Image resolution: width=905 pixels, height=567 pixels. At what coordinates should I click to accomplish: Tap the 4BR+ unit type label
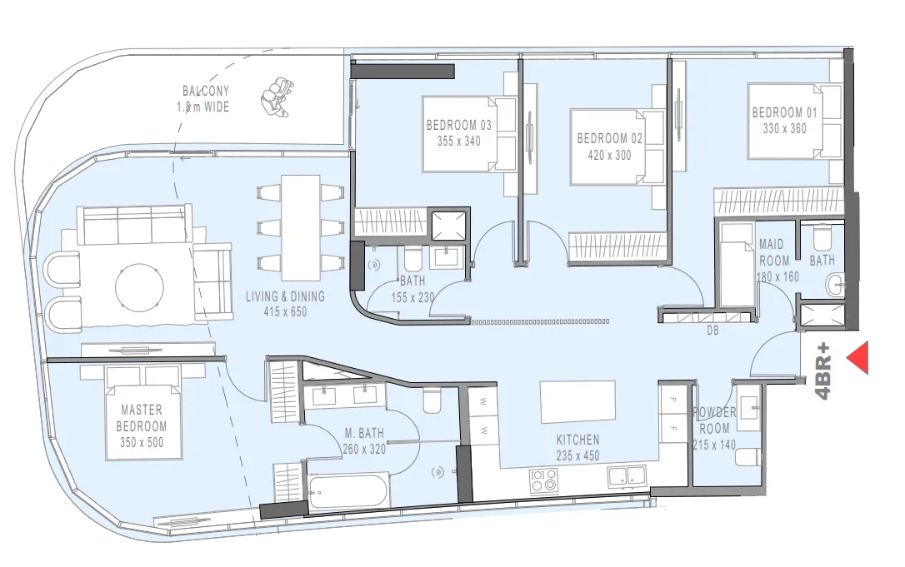click(824, 371)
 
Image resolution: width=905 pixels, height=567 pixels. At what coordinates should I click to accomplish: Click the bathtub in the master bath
click(346, 490)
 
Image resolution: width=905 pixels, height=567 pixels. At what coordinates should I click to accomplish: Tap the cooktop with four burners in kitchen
click(544, 480)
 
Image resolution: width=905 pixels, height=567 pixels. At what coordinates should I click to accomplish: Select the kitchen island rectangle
click(578, 402)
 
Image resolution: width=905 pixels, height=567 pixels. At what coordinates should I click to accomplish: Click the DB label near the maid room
click(712, 331)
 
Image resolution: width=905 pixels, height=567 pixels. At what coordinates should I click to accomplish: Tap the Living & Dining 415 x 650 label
click(285, 303)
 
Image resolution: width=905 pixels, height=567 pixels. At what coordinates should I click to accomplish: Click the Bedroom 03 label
click(459, 126)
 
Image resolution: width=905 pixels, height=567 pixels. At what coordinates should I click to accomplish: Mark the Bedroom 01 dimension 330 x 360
click(784, 129)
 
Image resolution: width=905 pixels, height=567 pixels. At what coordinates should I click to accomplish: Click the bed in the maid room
click(737, 265)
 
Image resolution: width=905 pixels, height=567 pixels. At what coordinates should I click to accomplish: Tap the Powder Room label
click(715, 420)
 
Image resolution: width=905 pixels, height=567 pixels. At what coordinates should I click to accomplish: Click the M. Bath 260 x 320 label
click(364, 440)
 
